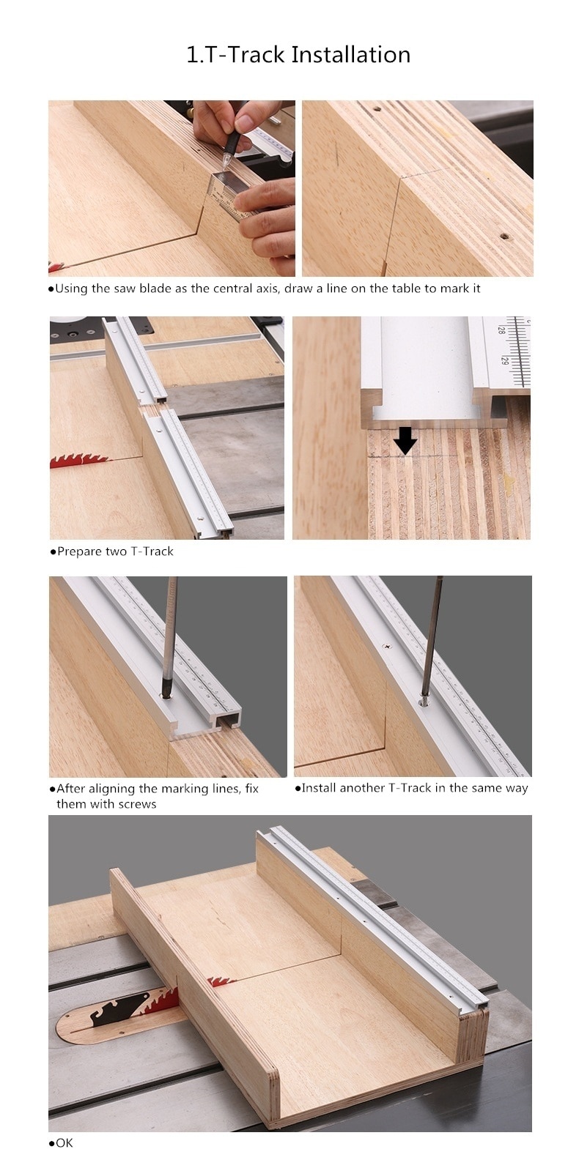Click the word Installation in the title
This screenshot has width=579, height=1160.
[351, 55]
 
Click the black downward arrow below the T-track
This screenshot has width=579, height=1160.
[404, 441]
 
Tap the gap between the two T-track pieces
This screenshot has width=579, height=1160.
[156, 404]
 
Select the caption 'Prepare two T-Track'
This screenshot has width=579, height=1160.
[115, 551]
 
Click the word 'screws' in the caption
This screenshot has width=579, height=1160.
[136, 804]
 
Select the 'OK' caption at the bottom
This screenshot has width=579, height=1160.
[64, 1143]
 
